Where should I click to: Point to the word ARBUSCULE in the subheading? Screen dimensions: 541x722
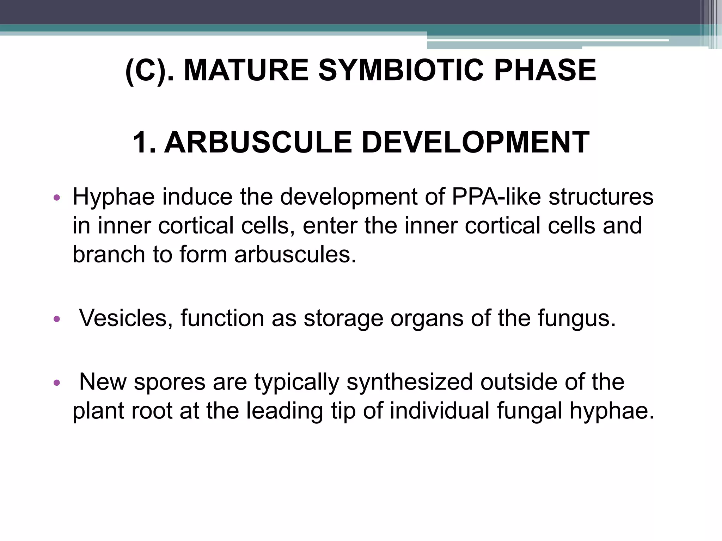point(258,142)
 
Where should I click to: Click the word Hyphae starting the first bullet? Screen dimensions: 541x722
point(114,197)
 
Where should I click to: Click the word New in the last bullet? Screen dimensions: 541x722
point(103,382)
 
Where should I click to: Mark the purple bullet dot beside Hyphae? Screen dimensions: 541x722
point(57,198)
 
